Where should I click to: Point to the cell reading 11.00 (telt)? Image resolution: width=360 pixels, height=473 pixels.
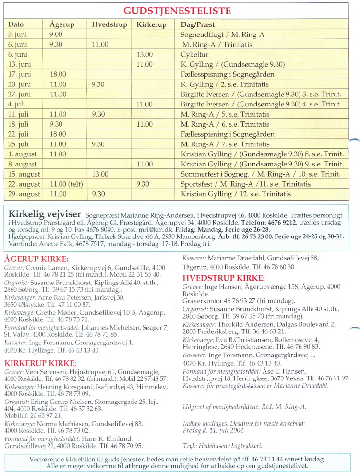pyautogui.click(x=66, y=184)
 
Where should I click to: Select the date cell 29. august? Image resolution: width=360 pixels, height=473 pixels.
pyautogui.click(x=24, y=194)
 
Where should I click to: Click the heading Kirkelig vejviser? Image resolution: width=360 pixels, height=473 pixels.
pyautogui.click(x=42, y=213)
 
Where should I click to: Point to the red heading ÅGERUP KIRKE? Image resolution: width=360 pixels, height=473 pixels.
pyautogui.click(x=36, y=260)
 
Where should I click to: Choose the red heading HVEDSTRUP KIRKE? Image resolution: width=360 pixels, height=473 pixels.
pyautogui.click(x=224, y=278)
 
